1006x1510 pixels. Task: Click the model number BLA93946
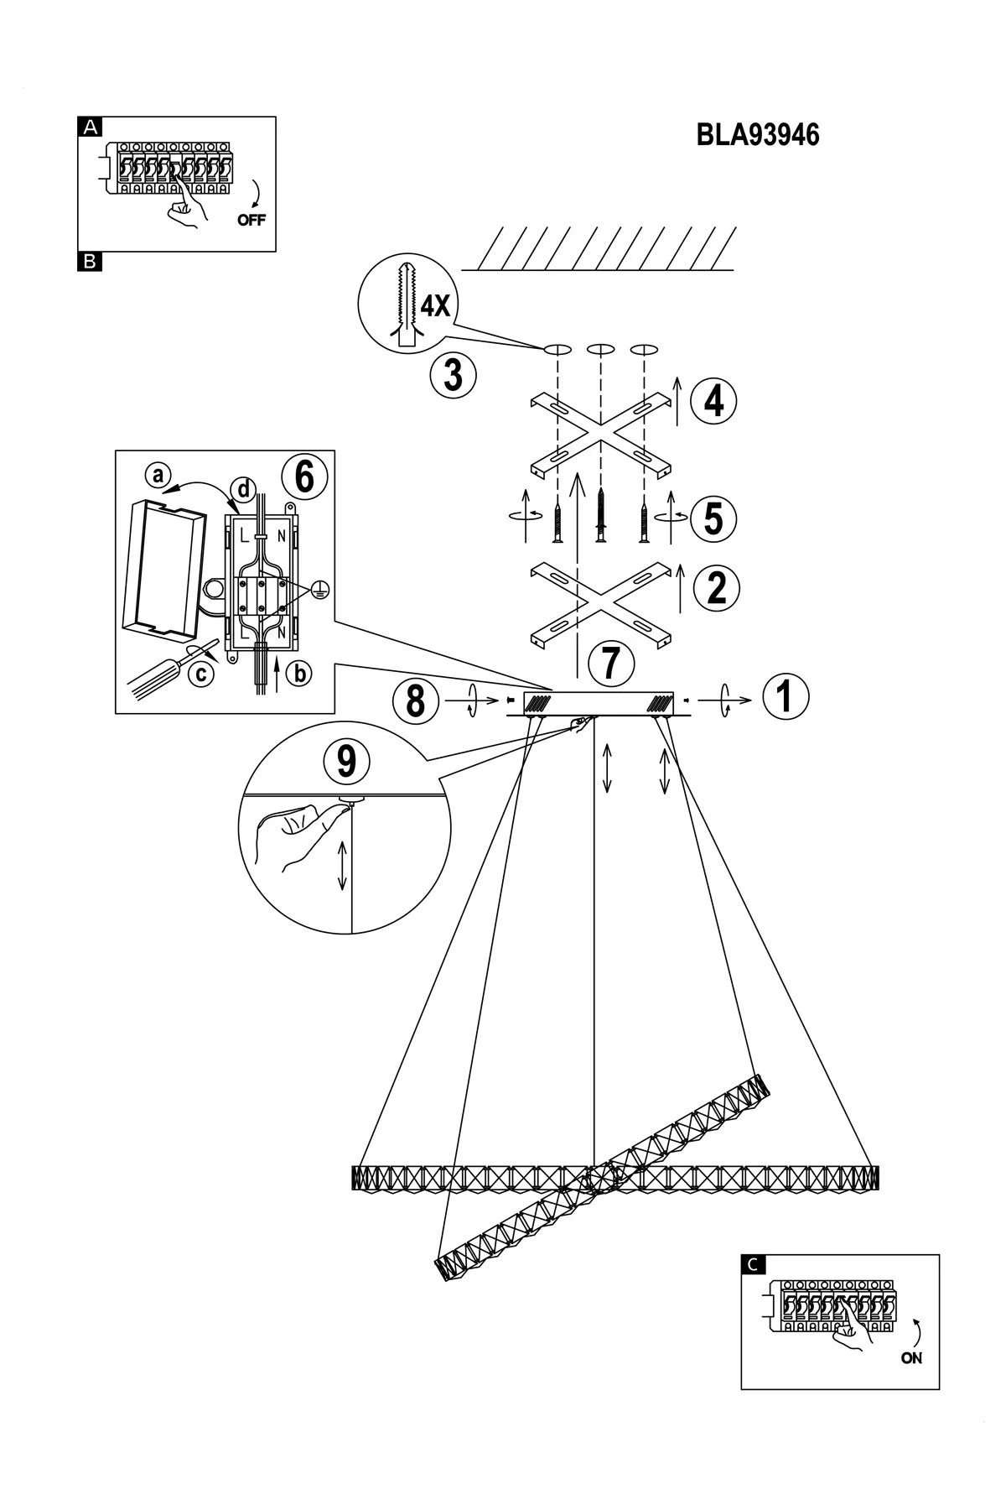[758, 135]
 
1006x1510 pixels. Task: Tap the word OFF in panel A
[251, 221]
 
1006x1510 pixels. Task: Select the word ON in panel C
[911, 1358]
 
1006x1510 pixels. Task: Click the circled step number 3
[454, 374]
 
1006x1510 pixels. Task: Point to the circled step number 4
[713, 401]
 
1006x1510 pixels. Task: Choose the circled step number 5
[713, 518]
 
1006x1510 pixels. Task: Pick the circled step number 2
[717, 587]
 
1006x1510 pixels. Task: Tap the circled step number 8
[416, 700]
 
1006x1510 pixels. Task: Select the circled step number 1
[786, 697]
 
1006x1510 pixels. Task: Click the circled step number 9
[346, 762]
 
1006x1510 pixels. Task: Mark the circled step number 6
[303, 476]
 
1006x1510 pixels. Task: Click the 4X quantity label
[435, 305]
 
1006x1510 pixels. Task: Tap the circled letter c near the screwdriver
[199, 673]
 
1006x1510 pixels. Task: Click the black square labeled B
[90, 262]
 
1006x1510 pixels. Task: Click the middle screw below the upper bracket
[600, 516]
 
